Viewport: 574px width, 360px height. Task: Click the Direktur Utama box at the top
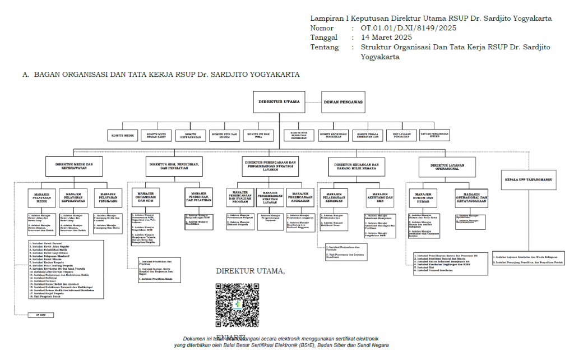point(279,102)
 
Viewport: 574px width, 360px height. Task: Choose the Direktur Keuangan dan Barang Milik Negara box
point(357,166)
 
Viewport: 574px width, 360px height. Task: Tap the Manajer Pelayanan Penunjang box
point(108,200)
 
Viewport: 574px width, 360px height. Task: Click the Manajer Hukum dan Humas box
point(424,200)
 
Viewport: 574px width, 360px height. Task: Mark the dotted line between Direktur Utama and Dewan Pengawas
point(313,102)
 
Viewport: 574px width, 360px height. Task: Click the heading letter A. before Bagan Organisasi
point(26,74)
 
